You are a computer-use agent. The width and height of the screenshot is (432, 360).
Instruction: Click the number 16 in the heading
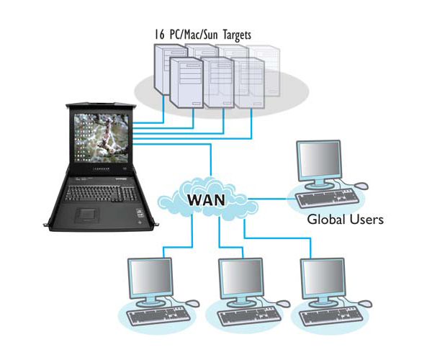click(x=161, y=34)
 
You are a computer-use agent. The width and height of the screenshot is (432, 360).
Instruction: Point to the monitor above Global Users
click(x=320, y=163)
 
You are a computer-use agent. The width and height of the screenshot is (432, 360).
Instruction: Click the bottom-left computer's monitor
click(x=150, y=278)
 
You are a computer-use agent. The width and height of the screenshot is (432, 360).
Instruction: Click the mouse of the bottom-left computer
click(x=190, y=302)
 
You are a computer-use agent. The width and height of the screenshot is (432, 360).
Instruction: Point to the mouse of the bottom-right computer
click(x=364, y=302)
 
